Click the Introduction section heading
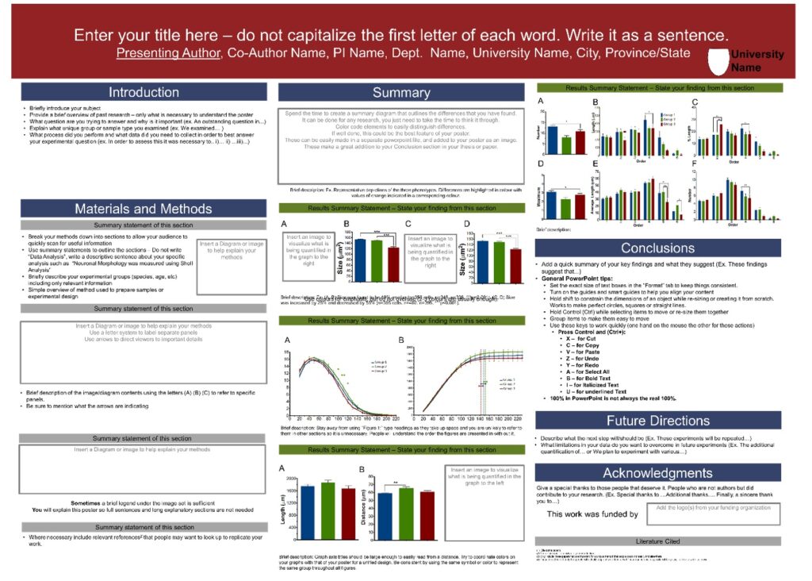[x=144, y=92]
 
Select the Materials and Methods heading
[x=144, y=209]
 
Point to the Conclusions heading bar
[x=657, y=248]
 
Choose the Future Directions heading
[x=657, y=420]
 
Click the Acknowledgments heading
[x=657, y=473]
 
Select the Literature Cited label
[x=657, y=541]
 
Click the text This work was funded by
[x=593, y=514]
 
